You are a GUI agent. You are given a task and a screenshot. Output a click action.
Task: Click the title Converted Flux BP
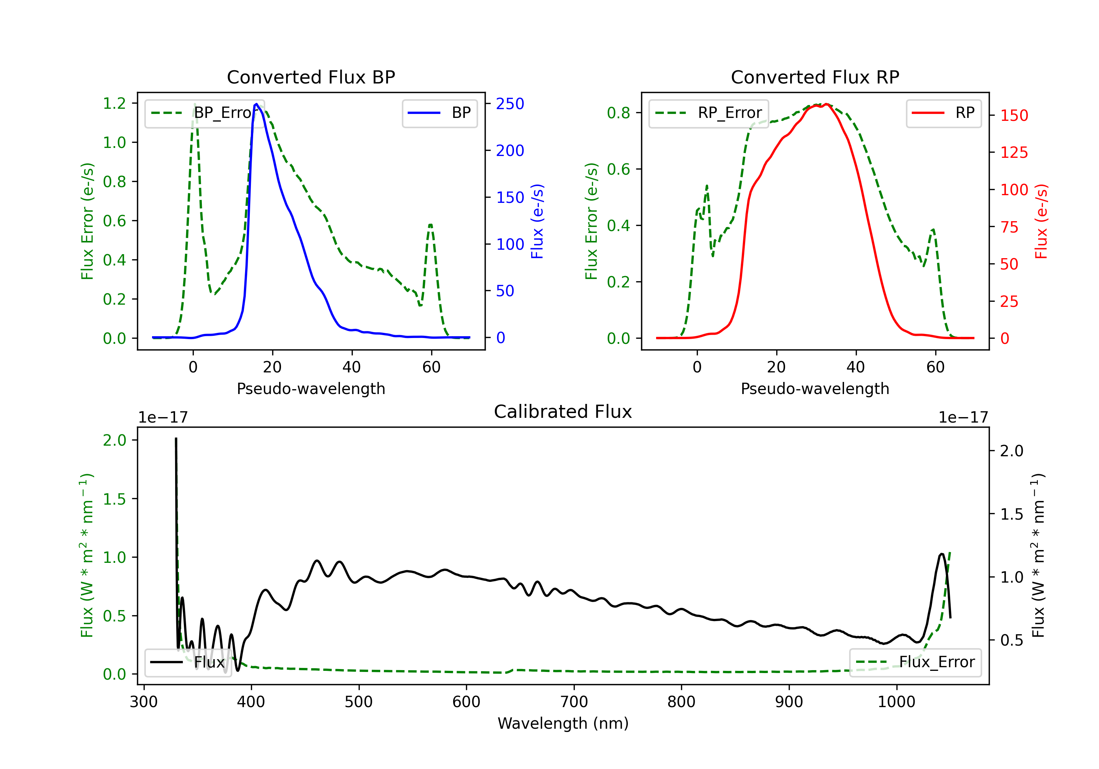point(311,77)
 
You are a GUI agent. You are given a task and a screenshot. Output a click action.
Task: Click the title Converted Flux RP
point(815,77)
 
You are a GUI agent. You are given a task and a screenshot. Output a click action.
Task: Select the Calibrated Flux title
point(563,412)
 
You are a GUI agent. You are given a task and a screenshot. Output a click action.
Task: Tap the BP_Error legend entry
point(205,113)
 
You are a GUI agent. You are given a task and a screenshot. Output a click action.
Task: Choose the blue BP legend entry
point(439,113)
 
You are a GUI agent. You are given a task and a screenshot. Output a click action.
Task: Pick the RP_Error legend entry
point(708,113)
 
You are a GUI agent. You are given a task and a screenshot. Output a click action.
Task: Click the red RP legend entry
point(943,113)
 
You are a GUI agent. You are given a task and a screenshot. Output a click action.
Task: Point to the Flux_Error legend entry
point(915,662)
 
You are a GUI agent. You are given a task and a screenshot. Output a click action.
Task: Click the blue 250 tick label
point(510,104)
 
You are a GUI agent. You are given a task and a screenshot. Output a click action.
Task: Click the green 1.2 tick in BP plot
point(114,103)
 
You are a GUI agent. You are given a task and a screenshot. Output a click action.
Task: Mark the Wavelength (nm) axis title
point(563,723)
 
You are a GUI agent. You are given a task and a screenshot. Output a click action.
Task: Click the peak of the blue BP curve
point(256,104)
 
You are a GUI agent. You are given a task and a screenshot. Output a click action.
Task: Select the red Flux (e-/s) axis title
point(1041,222)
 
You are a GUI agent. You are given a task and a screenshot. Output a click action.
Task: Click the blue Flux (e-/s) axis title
point(537,222)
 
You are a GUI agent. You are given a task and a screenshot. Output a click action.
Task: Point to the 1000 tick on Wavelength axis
point(896,702)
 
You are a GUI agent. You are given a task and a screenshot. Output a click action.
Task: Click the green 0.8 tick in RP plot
point(618,113)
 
